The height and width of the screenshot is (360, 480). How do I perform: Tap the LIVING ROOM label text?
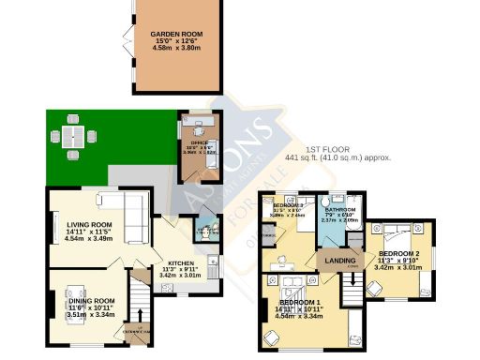pyautogui.click(x=89, y=225)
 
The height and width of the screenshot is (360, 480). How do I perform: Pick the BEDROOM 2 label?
pyautogui.click(x=398, y=254)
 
